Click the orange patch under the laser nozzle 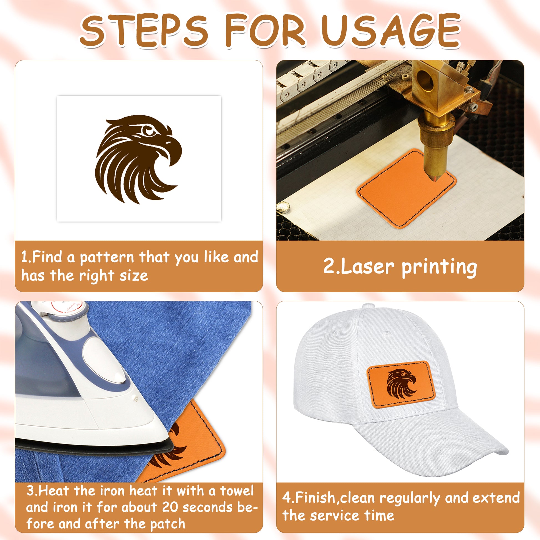click(x=406, y=190)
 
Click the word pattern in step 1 click(x=107, y=258)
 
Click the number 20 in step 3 click(x=170, y=507)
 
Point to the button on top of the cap click(x=369, y=306)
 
